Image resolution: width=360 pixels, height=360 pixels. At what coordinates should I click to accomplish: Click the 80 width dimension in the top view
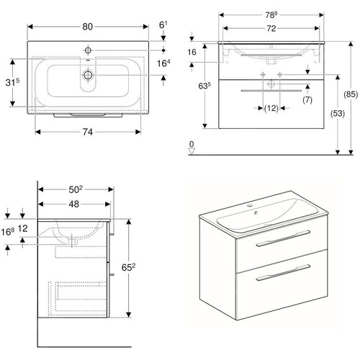coord(87,27)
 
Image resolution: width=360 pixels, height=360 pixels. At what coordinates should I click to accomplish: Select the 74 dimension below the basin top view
coord(88,132)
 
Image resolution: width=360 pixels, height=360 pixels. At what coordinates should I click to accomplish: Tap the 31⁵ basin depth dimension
coord(12,82)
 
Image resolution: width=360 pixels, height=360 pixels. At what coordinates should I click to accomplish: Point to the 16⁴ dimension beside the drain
coord(163,63)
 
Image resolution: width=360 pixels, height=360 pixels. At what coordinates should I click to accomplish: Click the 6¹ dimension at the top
coord(163,24)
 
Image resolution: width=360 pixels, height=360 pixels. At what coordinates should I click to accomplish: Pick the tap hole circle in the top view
coord(88,50)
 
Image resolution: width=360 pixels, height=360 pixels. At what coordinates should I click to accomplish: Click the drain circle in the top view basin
coord(88,75)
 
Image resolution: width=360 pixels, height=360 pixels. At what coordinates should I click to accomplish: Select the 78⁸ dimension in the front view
coord(271,15)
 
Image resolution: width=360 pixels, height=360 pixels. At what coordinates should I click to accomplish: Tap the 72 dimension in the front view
coord(271,29)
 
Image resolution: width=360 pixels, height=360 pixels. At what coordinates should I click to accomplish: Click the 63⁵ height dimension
coord(204,86)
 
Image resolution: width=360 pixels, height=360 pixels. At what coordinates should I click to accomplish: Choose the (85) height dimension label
coord(351,94)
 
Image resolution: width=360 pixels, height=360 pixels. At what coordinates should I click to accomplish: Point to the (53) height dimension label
coord(338,113)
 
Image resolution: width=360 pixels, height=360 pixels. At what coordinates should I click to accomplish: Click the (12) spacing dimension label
coord(271,108)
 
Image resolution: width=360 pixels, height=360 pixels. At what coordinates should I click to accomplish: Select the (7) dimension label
coord(307,99)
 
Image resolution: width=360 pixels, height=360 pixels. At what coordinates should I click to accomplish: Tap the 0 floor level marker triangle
coord(192,151)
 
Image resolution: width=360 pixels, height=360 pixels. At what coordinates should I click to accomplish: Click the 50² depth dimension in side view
coord(76,189)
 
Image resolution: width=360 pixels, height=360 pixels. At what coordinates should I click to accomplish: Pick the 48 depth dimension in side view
coord(73,204)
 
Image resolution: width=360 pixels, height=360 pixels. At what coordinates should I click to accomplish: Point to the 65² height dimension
coord(128,267)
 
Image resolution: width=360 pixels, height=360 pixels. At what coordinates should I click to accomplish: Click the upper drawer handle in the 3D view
coord(283,238)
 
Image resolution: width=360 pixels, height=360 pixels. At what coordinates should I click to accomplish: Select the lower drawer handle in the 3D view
coord(283,272)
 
